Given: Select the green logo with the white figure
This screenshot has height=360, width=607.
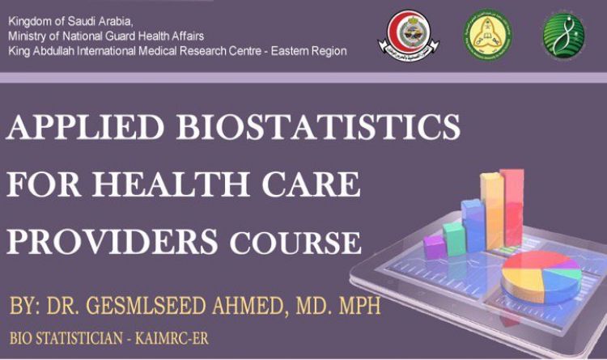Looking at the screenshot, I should point(563,34).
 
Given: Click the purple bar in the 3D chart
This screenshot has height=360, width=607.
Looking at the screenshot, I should point(435,245).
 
